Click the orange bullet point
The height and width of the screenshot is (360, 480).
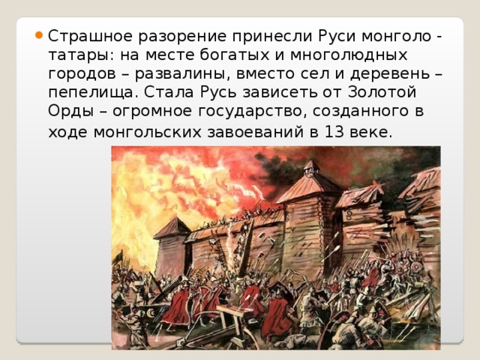click(39, 34)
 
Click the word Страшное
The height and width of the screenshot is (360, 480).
click(90, 36)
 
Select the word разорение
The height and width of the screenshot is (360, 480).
click(182, 37)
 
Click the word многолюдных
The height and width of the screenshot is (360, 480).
click(349, 55)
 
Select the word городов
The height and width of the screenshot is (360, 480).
click(82, 74)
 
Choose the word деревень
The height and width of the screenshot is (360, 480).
click(390, 73)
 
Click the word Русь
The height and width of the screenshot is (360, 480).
click(218, 92)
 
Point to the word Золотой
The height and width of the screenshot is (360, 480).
click(382, 92)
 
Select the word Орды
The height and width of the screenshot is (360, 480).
click(70, 111)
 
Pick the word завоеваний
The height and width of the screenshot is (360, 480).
click(256, 132)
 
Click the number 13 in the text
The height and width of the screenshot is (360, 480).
click(334, 132)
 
